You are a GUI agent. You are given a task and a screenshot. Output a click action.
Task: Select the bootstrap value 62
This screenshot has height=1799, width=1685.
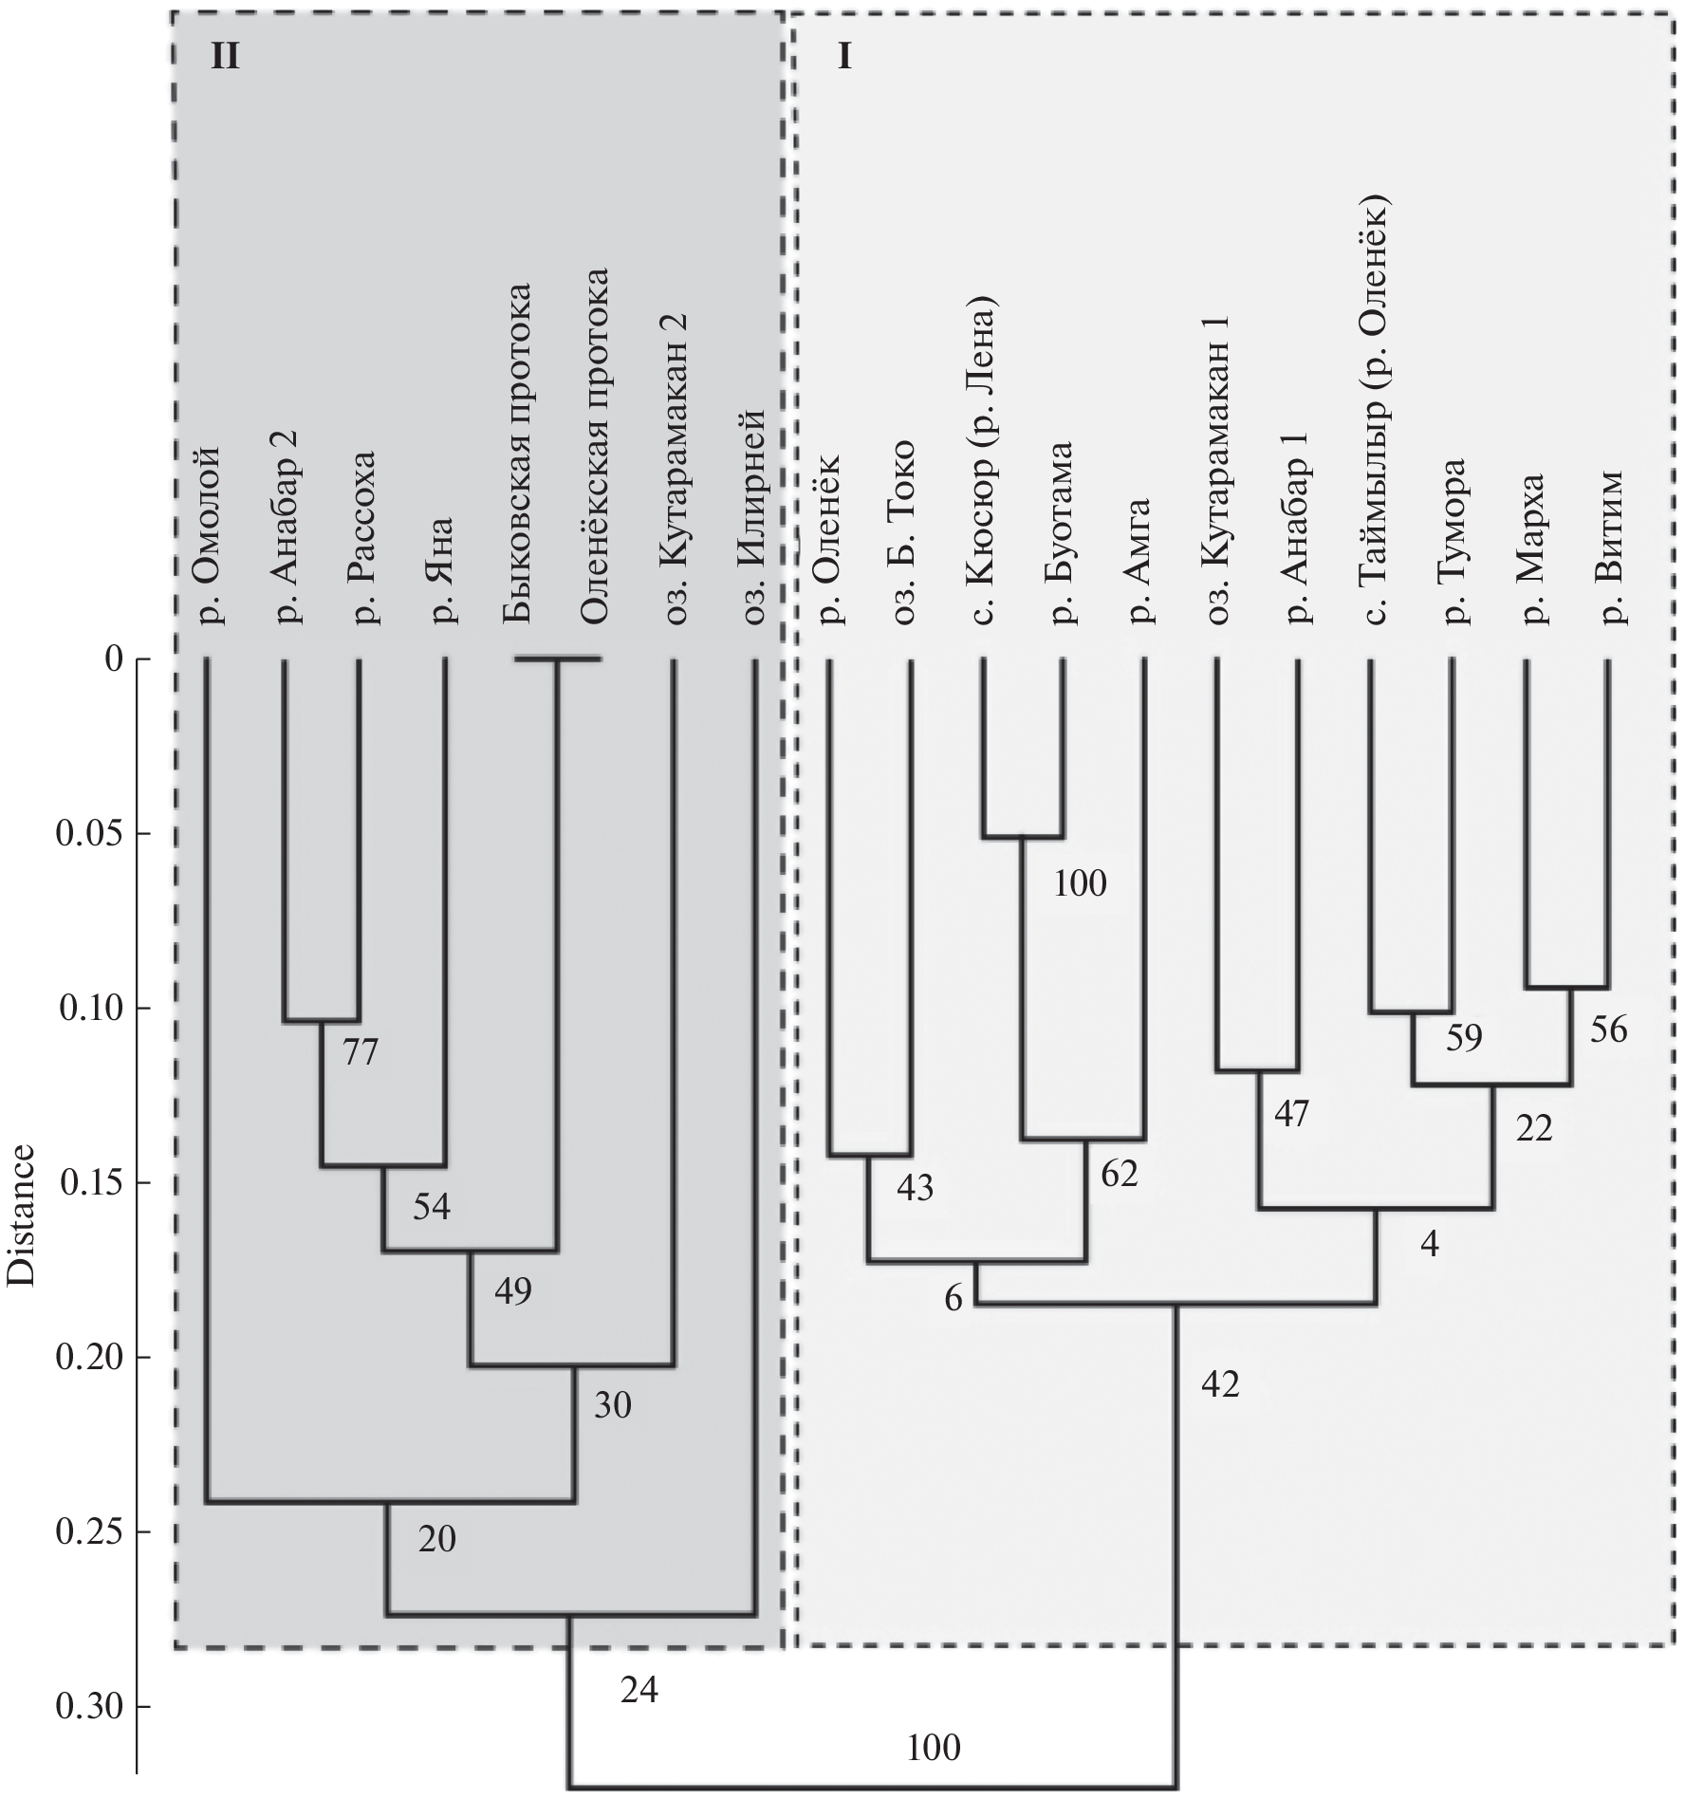[x=1119, y=1175]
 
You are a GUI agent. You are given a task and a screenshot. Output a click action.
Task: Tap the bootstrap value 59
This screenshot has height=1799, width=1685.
[x=1464, y=1039]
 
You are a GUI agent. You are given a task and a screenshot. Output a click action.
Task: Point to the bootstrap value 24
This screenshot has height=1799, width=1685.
[x=639, y=1690]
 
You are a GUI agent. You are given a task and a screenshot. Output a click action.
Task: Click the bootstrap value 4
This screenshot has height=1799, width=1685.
[x=1430, y=1244]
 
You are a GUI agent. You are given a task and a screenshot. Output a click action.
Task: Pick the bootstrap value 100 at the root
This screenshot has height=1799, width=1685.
[x=934, y=1747]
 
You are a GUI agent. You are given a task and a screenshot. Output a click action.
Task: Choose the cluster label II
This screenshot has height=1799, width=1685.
[x=225, y=59]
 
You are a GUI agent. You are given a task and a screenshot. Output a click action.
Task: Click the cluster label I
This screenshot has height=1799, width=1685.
[x=843, y=59]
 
